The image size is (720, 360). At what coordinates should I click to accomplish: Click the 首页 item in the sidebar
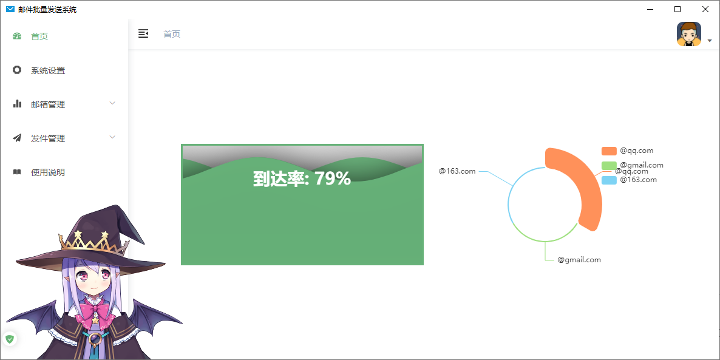click(39, 36)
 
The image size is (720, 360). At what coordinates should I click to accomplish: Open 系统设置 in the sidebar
click(47, 70)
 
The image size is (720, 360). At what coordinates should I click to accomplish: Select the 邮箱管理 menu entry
click(47, 104)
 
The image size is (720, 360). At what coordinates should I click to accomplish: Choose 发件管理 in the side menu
click(47, 138)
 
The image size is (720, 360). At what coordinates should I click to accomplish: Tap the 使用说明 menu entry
click(47, 172)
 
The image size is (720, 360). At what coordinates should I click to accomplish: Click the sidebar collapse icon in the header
click(143, 34)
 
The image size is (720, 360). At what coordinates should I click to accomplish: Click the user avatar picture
click(689, 34)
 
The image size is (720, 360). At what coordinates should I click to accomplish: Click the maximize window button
click(678, 9)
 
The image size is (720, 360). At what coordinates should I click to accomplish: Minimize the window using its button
click(650, 9)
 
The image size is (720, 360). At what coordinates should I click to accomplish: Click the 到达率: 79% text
click(302, 178)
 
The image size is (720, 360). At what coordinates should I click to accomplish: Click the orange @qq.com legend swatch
click(609, 151)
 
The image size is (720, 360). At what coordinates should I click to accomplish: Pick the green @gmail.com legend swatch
click(609, 165)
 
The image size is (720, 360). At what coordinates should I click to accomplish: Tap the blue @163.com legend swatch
click(609, 180)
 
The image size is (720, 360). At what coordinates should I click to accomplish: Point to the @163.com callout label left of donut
click(457, 171)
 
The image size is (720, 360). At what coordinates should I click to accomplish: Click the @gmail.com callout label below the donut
click(579, 260)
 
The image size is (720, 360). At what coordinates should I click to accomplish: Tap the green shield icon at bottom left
click(10, 339)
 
